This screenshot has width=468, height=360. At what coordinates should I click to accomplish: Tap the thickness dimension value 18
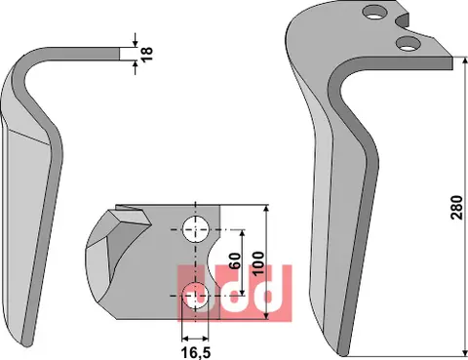coord(148,54)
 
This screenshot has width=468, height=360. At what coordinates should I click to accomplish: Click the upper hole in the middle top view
coord(195,229)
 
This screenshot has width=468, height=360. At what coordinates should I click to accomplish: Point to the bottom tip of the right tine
coord(341,347)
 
